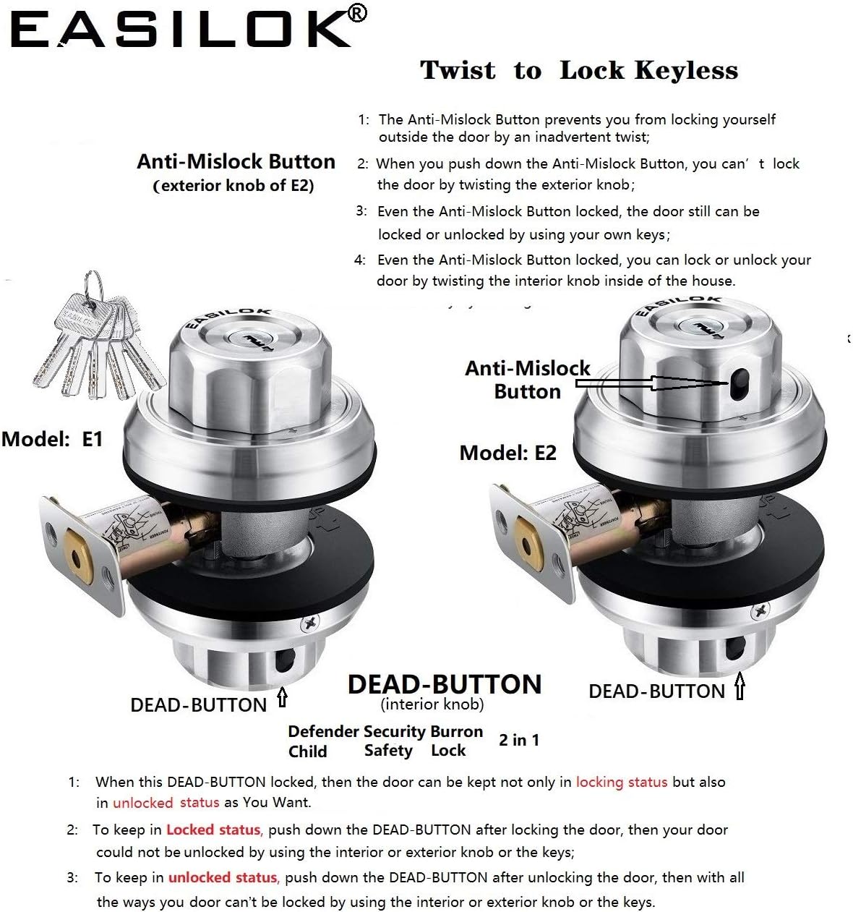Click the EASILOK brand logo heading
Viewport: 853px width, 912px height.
[181, 30]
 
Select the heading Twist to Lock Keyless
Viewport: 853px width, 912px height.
[579, 70]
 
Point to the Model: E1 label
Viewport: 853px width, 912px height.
[52, 438]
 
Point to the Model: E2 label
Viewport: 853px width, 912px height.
[507, 453]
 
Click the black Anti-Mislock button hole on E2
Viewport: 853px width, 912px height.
[737, 382]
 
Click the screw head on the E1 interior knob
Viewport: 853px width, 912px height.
[312, 621]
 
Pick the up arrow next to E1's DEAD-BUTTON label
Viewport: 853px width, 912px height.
[282, 698]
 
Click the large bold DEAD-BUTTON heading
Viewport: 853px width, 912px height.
[444, 684]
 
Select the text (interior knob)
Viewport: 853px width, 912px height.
[432, 704]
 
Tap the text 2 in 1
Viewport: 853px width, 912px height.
[518, 740]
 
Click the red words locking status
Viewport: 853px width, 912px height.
[621, 782]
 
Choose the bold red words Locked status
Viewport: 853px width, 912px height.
[213, 830]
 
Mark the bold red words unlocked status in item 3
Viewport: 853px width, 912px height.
[223, 877]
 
